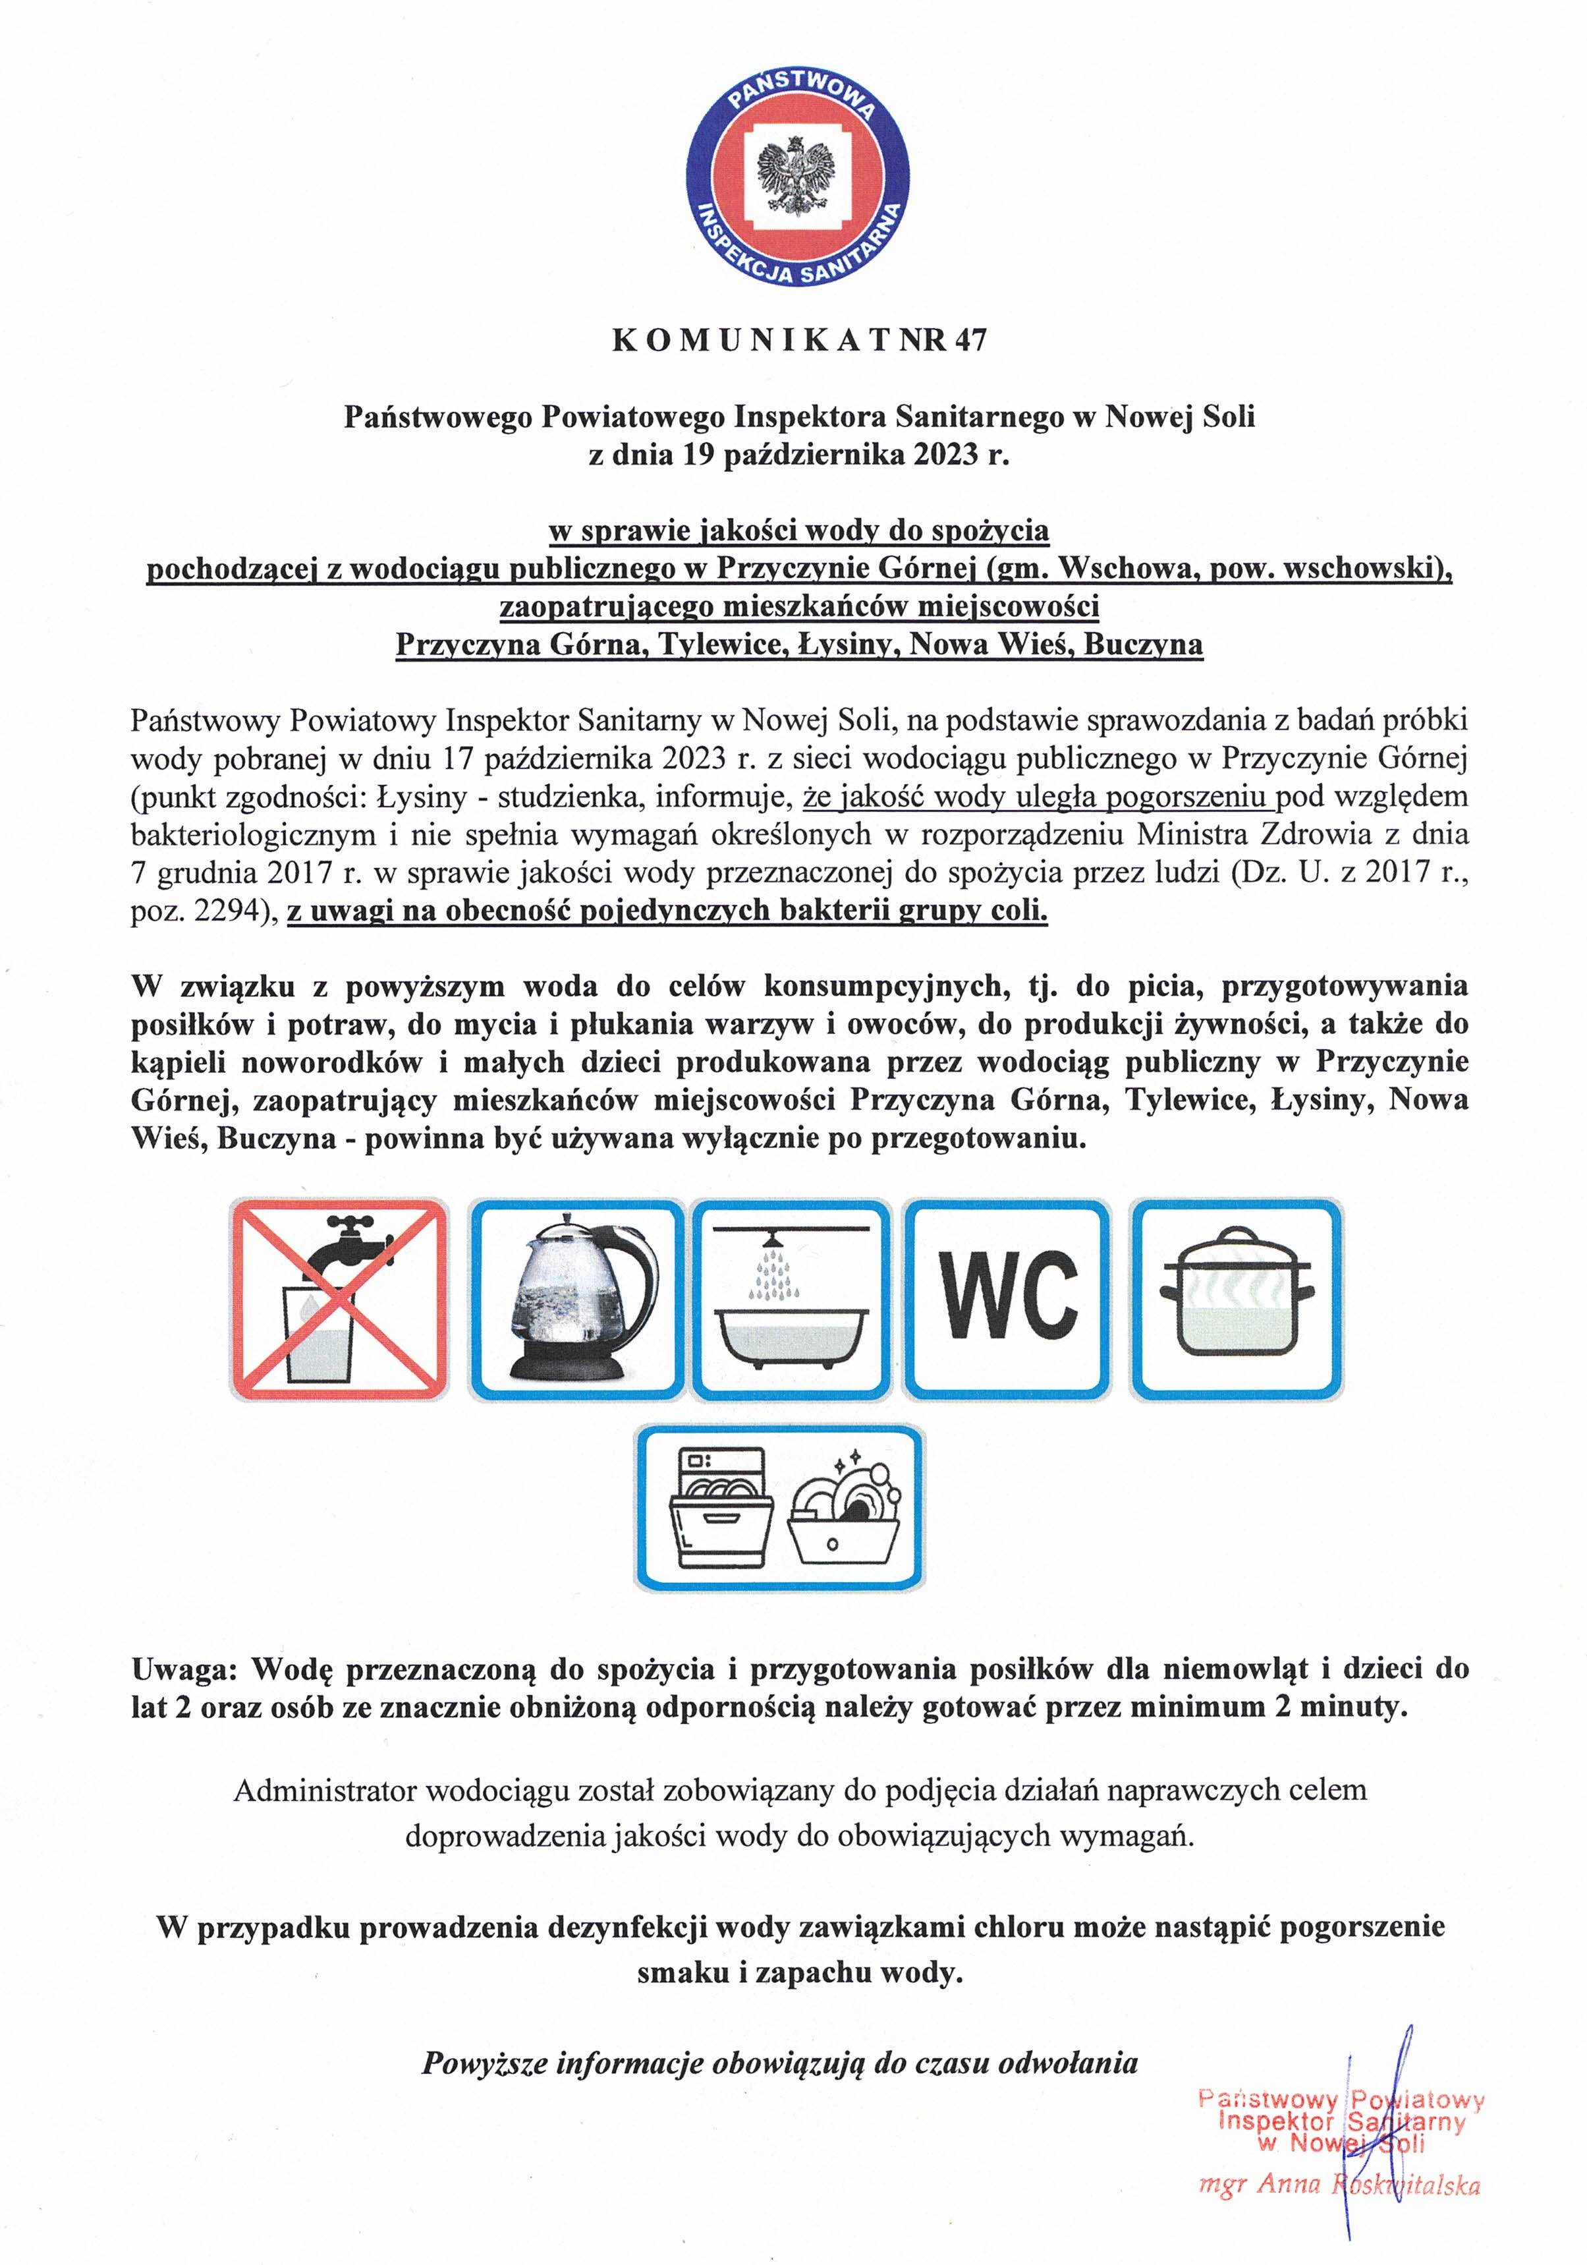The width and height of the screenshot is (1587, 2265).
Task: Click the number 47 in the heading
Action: (x=968, y=340)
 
